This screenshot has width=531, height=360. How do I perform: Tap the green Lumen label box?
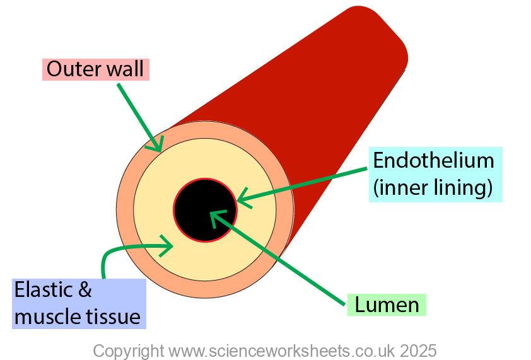[x=387, y=305]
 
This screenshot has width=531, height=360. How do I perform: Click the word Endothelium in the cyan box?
[x=433, y=160]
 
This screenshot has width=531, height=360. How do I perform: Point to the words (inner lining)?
[x=433, y=188]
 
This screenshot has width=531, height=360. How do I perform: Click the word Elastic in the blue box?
[x=45, y=291]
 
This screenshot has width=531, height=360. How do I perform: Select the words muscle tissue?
[x=77, y=316]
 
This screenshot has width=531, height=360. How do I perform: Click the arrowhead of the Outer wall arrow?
[x=156, y=146]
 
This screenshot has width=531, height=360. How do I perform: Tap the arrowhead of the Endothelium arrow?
[x=243, y=201]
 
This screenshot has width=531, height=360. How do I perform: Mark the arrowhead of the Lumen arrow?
[x=215, y=216]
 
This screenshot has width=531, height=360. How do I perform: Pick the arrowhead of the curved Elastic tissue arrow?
[x=168, y=248]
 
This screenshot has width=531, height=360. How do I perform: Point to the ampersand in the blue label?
[x=84, y=291]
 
